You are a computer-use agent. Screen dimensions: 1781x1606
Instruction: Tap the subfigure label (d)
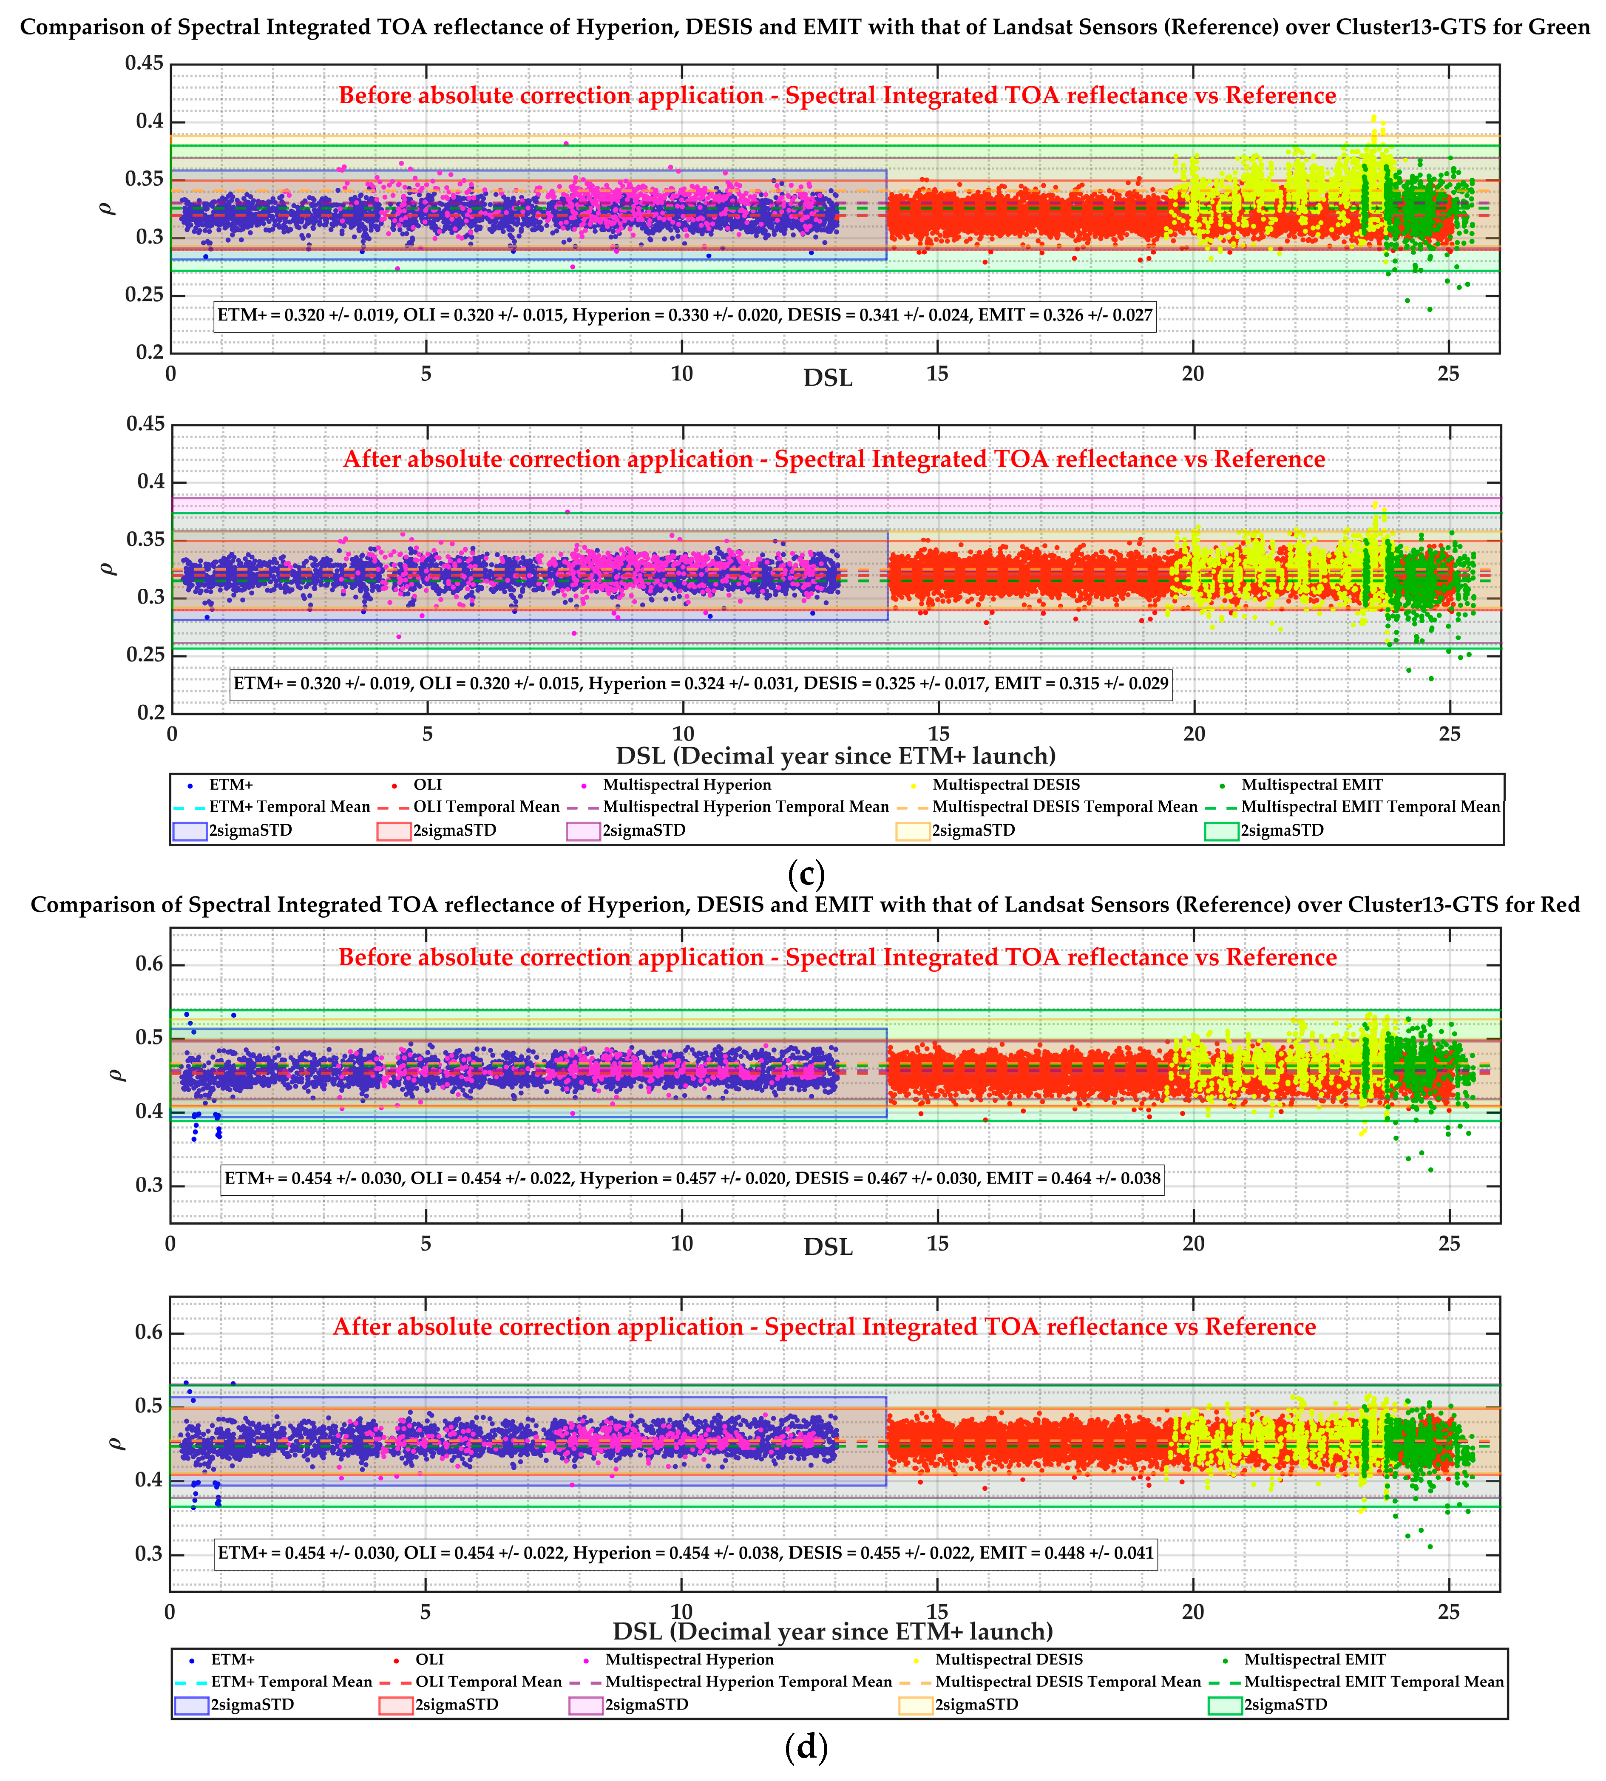(x=805, y=1747)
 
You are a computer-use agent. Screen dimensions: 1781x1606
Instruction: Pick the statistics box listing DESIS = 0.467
(x=693, y=1179)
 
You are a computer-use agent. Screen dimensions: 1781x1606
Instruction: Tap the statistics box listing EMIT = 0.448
(x=686, y=1553)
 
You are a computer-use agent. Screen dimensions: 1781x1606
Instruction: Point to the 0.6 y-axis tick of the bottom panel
(x=150, y=1333)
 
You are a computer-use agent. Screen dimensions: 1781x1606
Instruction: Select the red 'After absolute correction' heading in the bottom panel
(x=824, y=1327)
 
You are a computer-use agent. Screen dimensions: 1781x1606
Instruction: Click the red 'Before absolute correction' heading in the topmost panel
(x=837, y=95)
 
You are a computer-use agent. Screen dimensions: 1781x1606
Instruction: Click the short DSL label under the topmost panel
(x=828, y=377)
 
